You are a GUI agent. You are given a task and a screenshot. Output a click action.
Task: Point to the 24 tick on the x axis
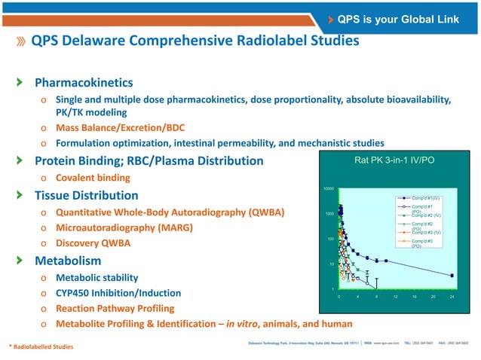tap(452, 297)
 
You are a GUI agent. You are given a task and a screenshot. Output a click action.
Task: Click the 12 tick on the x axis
tap(395, 297)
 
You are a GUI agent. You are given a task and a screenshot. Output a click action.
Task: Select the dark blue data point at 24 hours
tap(452, 275)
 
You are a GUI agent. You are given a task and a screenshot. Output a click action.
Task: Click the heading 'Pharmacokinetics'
tap(84, 82)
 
